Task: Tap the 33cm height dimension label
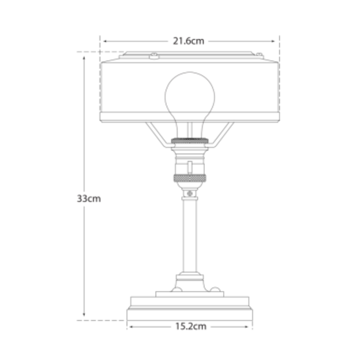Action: pyautogui.click(x=89, y=200)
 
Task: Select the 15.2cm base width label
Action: pyautogui.click(x=189, y=326)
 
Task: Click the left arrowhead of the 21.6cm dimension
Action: pyautogui.click(x=103, y=40)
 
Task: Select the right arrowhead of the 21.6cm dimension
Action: pyautogui.click(x=275, y=40)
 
